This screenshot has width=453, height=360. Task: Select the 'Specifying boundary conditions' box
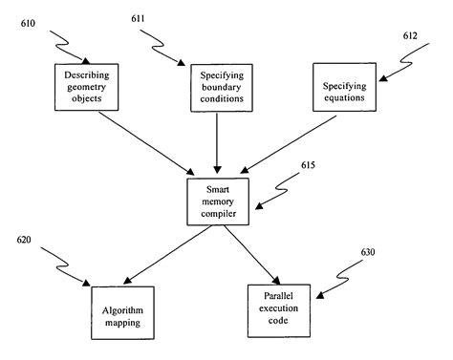tap(220, 88)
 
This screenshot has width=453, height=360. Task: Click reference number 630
tap(369, 253)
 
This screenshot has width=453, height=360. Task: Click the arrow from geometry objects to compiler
tap(148, 141)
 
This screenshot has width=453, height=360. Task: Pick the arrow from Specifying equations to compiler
tap(291, 142)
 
